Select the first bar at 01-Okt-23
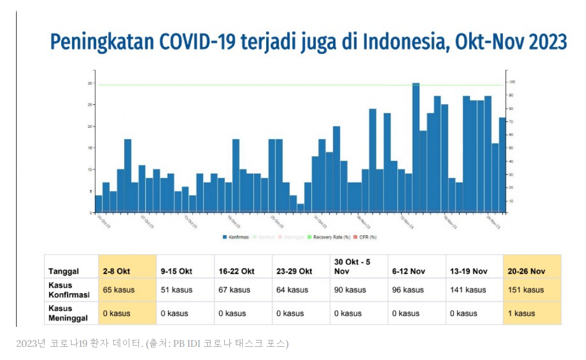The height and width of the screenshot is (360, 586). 98,204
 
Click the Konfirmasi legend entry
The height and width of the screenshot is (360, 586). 237,237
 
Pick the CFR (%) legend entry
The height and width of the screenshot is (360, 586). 366,237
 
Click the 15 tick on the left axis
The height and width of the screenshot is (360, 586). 90,148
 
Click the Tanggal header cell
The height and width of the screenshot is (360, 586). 64,271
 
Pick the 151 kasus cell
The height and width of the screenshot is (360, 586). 526,290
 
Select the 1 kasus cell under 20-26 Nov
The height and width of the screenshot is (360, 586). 521,313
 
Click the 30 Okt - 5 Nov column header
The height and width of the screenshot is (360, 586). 353,266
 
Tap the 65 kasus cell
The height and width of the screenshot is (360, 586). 119,290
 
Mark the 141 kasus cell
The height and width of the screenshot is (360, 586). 468,290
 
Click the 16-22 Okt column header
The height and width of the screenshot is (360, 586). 236,271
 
